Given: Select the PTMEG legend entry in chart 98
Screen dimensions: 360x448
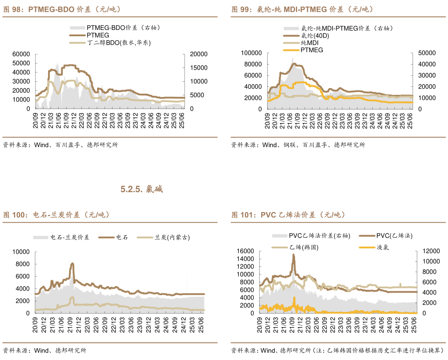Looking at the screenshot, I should coord(98,35).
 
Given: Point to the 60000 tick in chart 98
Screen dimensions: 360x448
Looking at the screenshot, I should coord(21,54).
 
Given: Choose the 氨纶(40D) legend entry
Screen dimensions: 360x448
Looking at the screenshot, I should coord(315,36).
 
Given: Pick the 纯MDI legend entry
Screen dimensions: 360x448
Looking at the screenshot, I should coord(310,43).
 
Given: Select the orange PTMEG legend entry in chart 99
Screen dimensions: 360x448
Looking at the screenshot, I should coord(312,50).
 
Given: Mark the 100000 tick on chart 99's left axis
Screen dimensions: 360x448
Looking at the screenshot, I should coord(251,53).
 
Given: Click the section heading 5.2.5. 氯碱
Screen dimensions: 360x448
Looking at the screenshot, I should coord(142,189).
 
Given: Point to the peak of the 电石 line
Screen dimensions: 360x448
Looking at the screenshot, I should coord(72,263).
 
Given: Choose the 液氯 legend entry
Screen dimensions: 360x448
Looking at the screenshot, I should coord(382,247).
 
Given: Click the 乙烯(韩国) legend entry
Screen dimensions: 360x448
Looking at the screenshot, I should coord(304,247).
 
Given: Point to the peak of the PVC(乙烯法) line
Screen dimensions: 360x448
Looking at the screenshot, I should coord(293,255).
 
